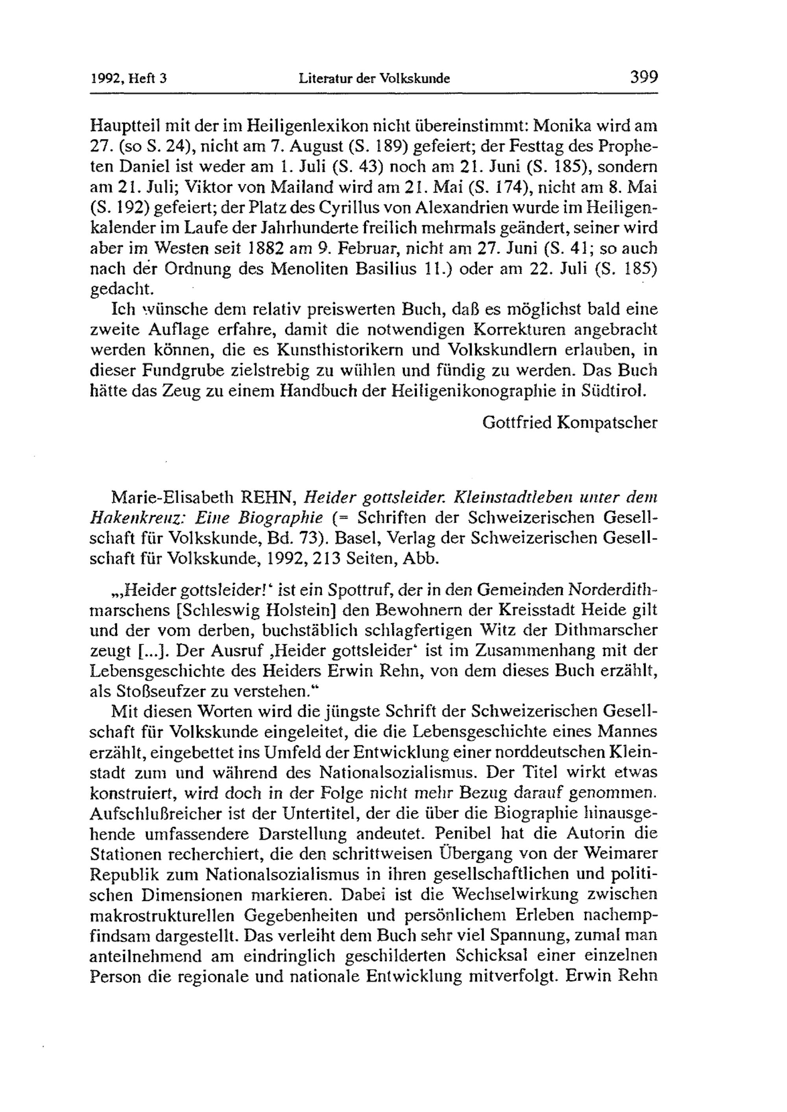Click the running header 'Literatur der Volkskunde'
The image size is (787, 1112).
374,79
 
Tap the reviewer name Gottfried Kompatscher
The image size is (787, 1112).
570,423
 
